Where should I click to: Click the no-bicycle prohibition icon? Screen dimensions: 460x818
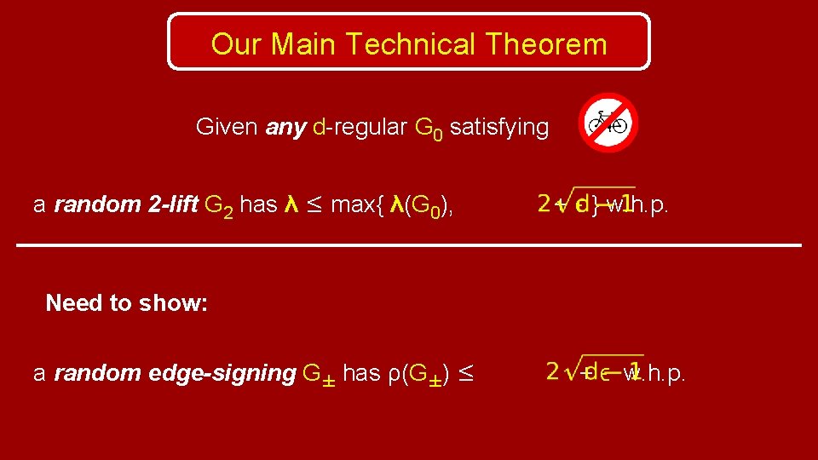[x=608, y=123]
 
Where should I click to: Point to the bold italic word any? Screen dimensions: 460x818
[x=285, y=128]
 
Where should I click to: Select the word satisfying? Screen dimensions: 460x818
[x=499, y=128]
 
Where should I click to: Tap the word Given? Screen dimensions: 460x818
[x=227, y=128]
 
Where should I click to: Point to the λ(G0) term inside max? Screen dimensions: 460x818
[x=419, y=205]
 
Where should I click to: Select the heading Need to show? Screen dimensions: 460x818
[x=127, y=302]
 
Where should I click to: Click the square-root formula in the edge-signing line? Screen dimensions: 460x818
[x=594, y=371]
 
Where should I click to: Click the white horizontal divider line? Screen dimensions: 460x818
[x=409, y=245]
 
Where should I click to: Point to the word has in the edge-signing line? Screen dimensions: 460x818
[x=362, y=373]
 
